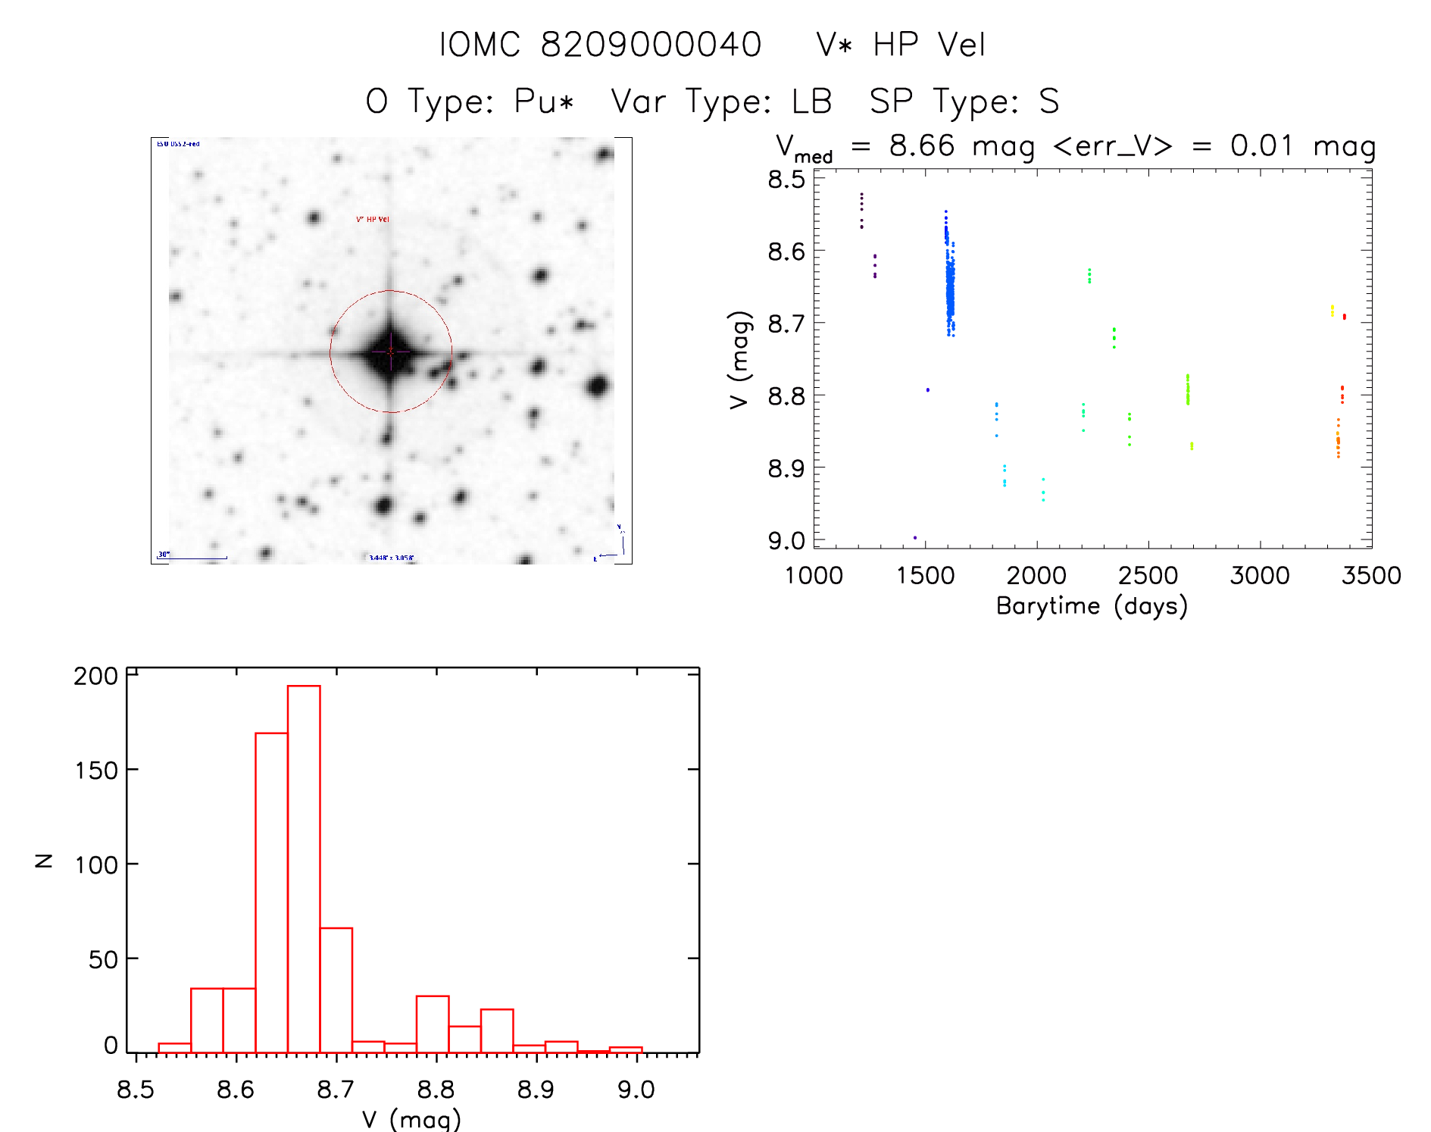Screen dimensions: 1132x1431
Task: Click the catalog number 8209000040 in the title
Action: tap(651, 45)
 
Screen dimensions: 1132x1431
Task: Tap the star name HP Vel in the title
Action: tap(929, 45)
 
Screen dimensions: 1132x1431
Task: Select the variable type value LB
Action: tap(811, 102)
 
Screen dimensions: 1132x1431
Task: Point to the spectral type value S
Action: tap(1048, 102)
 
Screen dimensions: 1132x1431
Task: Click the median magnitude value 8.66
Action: tap(922, 145)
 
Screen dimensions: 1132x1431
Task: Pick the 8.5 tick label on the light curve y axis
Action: tap(786, 180)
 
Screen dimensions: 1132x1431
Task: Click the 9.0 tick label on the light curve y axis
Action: tap(786, 541)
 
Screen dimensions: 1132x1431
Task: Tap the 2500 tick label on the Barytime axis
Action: tap(1148, 576)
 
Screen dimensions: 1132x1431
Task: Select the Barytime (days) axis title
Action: tap(1092, 606)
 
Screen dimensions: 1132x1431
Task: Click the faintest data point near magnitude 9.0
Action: tap(915, 537)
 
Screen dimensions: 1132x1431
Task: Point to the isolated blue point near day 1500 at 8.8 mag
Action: tap(927, 389)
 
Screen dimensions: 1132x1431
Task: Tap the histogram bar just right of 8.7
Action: tap(336, 990)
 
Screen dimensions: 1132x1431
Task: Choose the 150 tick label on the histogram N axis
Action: tap(96, 771)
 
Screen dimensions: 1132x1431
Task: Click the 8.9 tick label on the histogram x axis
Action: tap(536, 1090)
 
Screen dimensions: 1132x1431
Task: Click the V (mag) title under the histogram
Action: tap(411, 1119)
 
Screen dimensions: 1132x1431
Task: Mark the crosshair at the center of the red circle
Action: tap(391, 352)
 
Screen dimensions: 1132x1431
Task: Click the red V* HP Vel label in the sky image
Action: tap(373, 219)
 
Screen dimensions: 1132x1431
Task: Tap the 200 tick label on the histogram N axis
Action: tap(96, 676)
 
